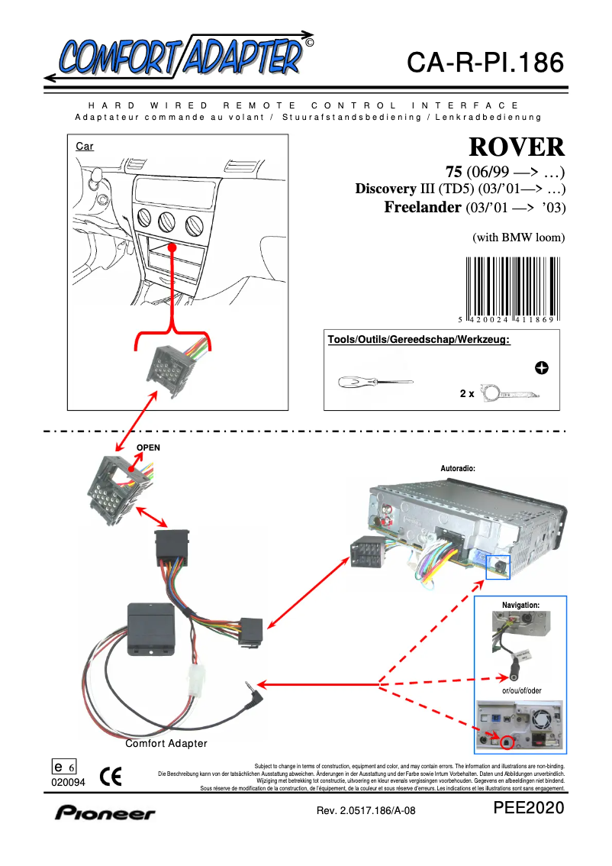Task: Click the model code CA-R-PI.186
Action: pos(485,63)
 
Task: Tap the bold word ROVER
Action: pos(516,147)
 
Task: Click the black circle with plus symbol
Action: pos(542,368)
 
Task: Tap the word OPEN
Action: pos(148,448)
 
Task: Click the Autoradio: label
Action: pos(458,467)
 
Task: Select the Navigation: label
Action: pos(520,605)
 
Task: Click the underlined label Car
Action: pos(85,146)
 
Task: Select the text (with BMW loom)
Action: pos(519,238)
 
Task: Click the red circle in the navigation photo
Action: pos(506,740)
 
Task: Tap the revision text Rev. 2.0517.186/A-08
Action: pos(366,811)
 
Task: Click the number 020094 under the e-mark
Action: pos(69,782)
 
